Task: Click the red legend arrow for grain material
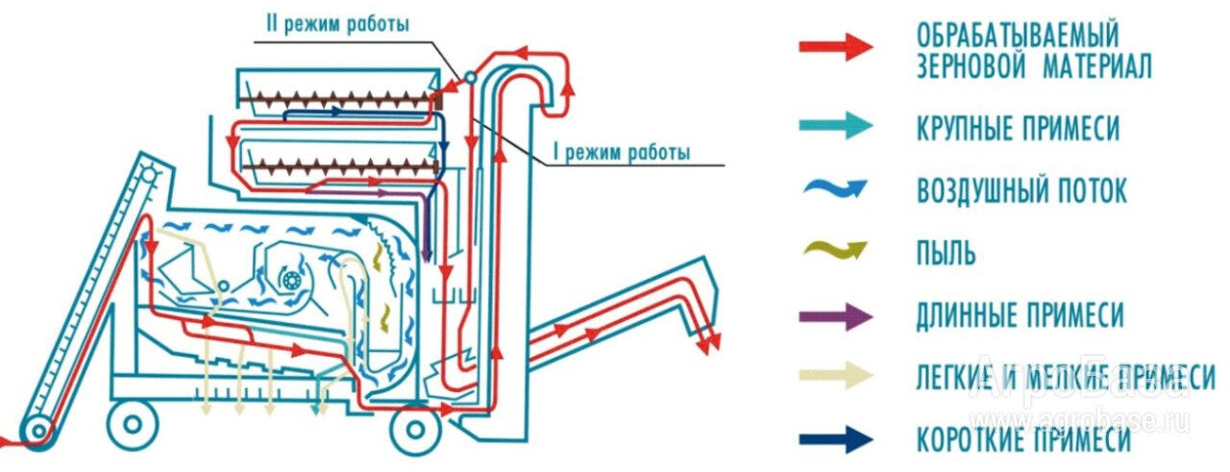(836, 46)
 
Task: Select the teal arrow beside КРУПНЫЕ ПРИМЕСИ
(836, 127)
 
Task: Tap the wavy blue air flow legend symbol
(836, 190)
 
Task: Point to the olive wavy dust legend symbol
(836, 252)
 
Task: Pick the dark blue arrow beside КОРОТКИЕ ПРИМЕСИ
(836, 439)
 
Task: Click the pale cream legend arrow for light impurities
(836, 377)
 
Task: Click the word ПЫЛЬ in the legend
(947, 254)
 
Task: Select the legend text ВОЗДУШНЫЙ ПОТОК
(1021, 191)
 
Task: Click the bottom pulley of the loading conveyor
(38, 430)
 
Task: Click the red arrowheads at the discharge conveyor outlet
(710, 343)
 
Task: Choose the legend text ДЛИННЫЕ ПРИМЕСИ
(1020, 315)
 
